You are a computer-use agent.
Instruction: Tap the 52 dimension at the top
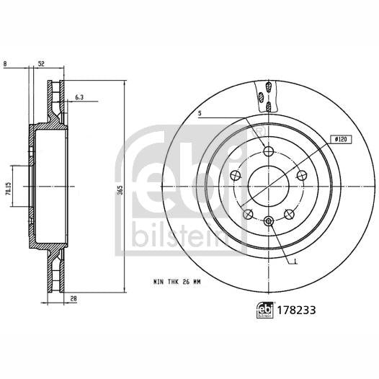(x=41, y=64)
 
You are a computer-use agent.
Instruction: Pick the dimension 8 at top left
(x=5, y=64)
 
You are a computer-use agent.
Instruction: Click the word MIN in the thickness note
(x=159, y=281)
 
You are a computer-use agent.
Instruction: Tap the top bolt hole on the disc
(x=269, y=151)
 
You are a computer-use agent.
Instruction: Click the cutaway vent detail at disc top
(x=265, y=92)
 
